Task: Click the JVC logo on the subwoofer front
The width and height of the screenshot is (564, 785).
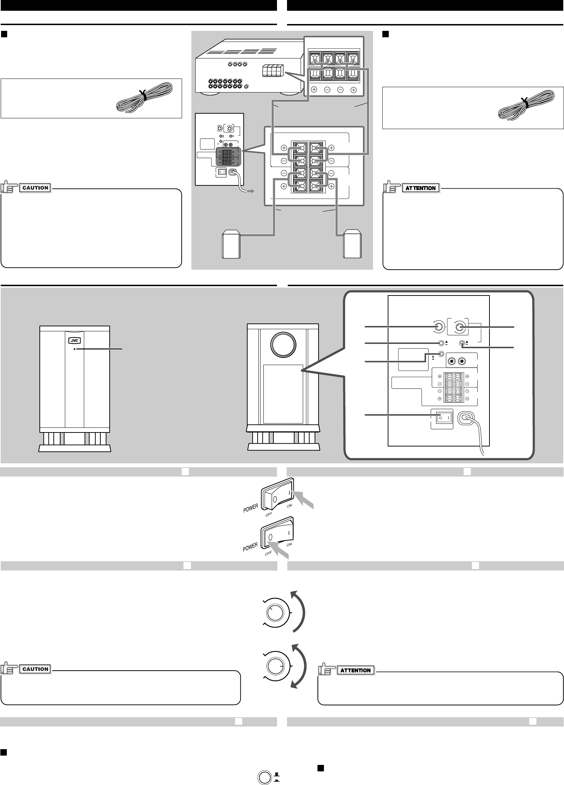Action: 75,340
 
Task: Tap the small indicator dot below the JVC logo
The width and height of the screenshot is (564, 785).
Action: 75,349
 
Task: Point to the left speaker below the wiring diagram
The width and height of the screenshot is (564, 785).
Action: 231,246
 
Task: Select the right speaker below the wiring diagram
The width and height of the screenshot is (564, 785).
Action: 353,246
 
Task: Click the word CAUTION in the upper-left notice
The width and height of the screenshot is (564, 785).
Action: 35,188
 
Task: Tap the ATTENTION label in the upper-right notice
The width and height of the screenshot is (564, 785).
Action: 421,188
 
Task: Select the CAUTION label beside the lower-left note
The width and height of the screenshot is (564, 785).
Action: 35,669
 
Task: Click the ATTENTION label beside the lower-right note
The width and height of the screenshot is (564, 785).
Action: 356,671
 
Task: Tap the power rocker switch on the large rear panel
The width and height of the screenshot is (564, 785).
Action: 441,418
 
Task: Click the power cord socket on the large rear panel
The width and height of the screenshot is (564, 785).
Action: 467,418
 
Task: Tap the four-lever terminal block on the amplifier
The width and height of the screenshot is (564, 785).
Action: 273,70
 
